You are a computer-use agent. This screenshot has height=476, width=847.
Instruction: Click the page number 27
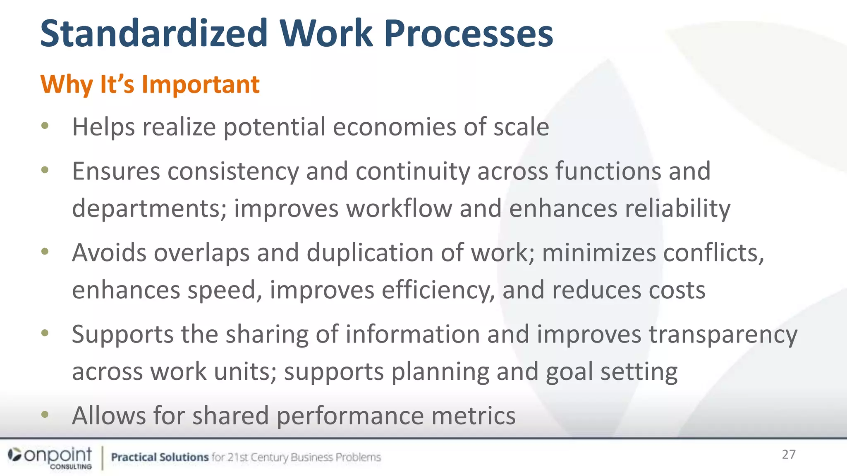789,455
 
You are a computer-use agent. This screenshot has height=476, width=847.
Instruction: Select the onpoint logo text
58,455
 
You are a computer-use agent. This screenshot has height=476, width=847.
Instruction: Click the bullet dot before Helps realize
45,126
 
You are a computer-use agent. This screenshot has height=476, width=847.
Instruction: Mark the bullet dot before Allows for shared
45,414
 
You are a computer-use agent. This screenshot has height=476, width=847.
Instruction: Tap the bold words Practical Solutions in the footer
160,457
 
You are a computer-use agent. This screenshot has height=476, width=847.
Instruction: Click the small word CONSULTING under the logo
71,466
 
